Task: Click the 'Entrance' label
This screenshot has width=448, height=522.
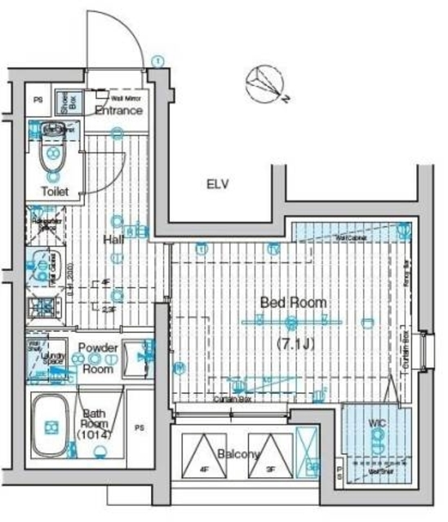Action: [x=119, y=110]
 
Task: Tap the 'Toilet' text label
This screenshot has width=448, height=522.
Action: [x=54, y=192]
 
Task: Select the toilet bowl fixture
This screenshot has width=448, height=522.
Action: [x=53, y=152]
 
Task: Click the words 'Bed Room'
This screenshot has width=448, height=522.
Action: [x=293, y=303]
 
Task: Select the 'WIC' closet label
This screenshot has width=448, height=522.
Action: [x=376, y=424]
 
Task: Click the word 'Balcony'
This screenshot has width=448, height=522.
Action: [x=238, y=454]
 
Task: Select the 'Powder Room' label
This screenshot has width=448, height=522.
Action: [x=98, y=357]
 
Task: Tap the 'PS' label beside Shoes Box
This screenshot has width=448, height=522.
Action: [x=38, y=102]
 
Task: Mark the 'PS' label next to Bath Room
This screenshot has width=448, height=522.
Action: [x=140, y=427]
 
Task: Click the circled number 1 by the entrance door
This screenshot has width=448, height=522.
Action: [x=157, y=60]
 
